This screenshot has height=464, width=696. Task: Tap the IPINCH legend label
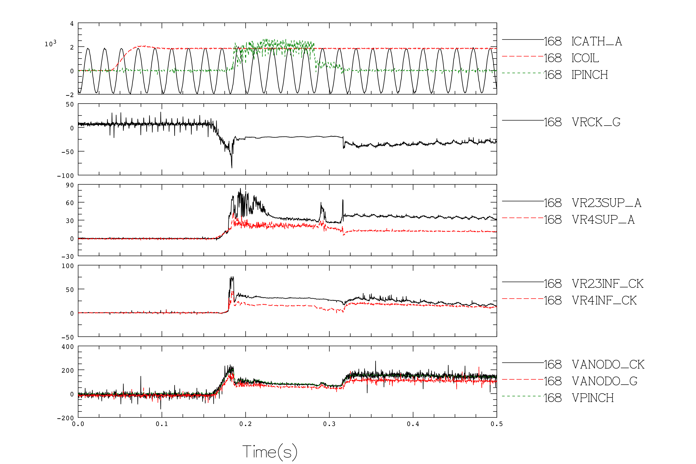(x=590, y=75)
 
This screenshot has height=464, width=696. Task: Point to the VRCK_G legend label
(x=596, y=122)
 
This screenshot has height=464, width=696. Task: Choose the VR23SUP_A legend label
(x=606, y=203)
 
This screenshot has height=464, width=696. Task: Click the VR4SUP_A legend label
(x=603, y=219)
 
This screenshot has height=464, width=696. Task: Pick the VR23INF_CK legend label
(x=607, y=284)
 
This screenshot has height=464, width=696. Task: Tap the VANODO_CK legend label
(x=608, y=365)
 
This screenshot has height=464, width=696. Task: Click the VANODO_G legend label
(x=604, y=381)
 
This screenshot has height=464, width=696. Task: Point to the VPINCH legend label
(x=593, y=398)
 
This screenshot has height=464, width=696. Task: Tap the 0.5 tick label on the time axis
(x=497, y=424)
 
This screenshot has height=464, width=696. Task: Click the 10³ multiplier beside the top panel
(x=50, y=43)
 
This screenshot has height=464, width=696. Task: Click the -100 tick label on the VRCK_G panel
(x=65, y=175)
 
